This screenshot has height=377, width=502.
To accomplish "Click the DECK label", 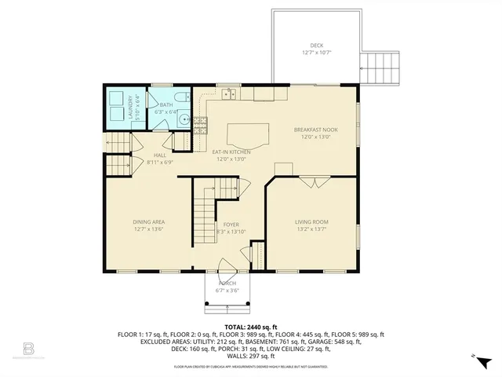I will [x=316, y=46].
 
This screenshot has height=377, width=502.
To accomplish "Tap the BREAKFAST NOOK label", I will [x=315, y=130].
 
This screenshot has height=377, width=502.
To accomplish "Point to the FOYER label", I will [x=231, y=225].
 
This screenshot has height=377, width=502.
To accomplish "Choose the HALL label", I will [x=160, y=156].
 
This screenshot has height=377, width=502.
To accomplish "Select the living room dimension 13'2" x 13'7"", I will [x=311, y=230].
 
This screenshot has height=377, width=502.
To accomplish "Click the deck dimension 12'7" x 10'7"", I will [x=316, y=53].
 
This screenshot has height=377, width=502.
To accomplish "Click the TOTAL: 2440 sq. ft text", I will [x=250, y=326].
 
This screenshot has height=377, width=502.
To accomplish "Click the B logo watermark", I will [x=29, y=346].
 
